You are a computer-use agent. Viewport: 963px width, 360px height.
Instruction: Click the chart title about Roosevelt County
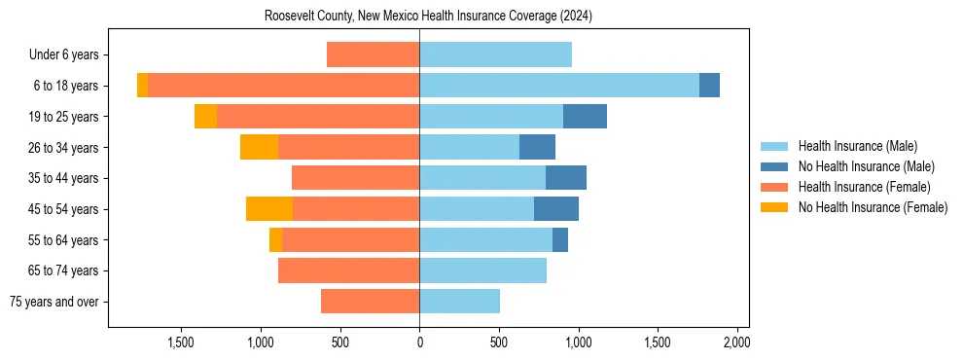point(428,17)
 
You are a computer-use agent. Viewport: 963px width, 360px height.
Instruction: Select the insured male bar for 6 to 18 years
point(559,86)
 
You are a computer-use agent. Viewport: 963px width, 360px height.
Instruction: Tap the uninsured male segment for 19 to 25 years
point(585,117)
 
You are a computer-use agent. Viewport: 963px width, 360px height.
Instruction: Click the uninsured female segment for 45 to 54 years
point(269,209)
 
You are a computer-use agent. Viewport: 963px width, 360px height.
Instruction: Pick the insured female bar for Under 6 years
point(373,55)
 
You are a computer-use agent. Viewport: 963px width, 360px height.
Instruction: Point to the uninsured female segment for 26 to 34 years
point(259,147)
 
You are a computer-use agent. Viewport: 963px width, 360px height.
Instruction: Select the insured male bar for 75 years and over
point(459,302)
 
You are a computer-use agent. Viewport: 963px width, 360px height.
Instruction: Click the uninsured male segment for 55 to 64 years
point(560,240)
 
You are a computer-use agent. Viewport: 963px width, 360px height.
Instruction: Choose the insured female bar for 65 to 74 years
point(348,270)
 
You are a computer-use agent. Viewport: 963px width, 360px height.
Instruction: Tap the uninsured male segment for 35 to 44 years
point(566,178)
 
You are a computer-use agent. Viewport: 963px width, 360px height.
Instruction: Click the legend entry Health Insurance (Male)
point(857,146)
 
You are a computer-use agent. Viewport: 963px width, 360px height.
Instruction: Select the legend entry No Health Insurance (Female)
point(873,207)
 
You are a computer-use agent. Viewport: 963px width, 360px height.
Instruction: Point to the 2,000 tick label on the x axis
point(736,342)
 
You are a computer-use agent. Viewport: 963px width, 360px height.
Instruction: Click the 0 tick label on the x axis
point(419,342)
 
